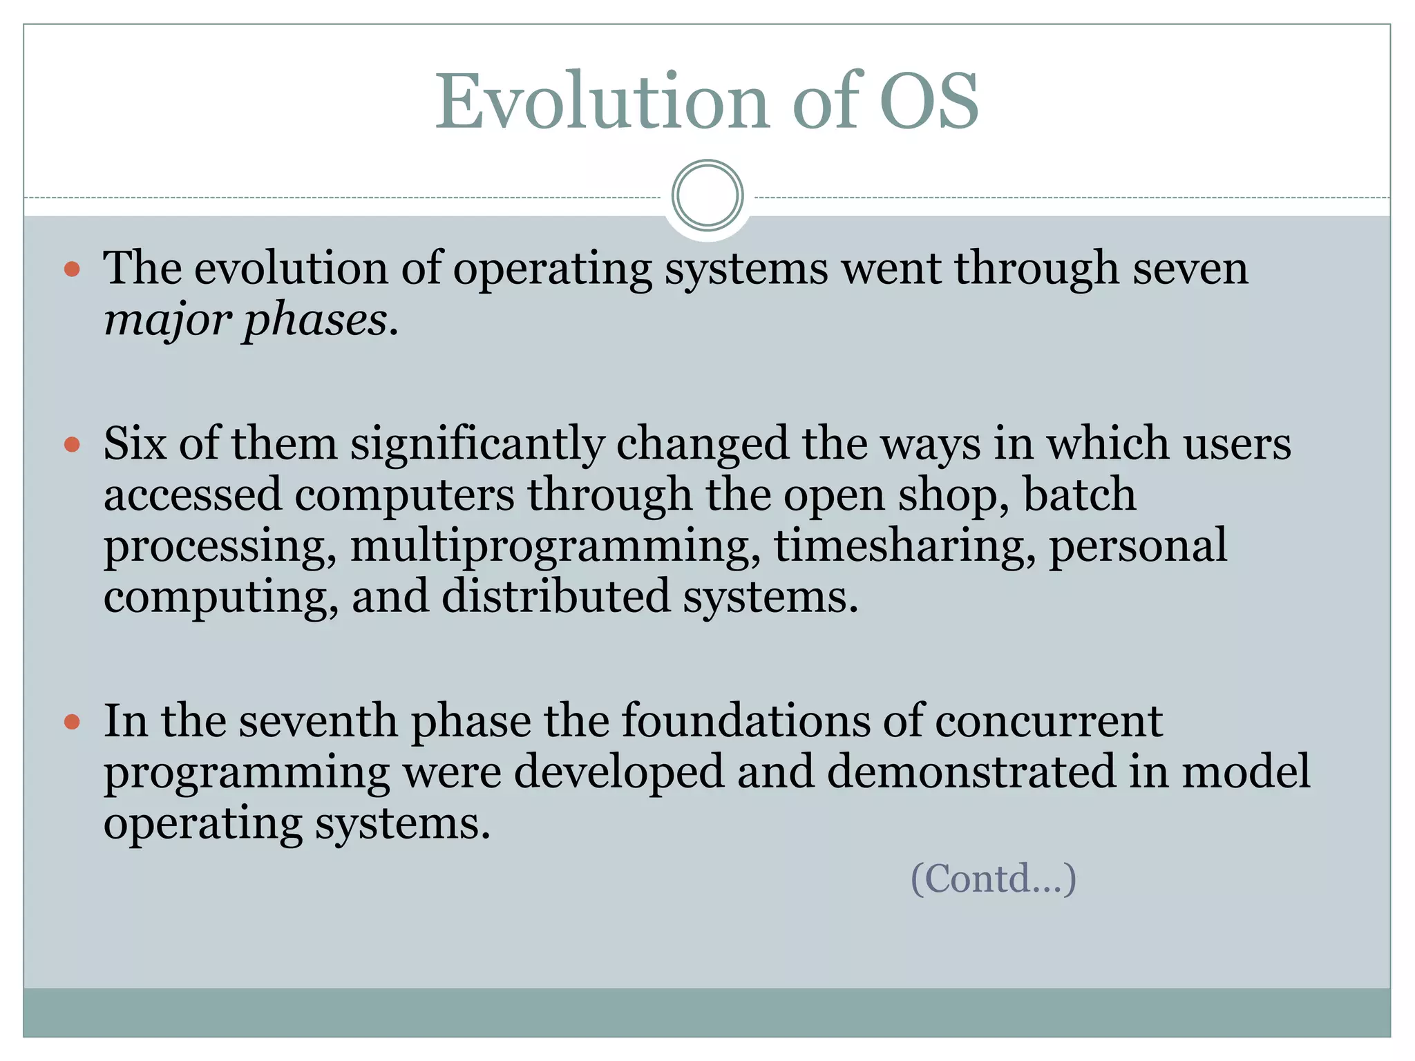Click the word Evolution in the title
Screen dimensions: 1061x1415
point(601,102)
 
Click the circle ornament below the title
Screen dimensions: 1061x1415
point(707,195)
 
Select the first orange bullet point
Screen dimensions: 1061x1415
point(72,269)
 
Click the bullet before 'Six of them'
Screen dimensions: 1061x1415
point(72,444)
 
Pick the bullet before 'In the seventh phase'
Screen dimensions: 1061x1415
point(72,723)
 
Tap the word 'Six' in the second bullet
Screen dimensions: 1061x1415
point(135,444)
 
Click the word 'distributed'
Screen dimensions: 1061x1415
point(555,597)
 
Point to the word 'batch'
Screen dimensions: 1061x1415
point(1079,495)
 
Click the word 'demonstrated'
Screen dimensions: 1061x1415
point(971,772)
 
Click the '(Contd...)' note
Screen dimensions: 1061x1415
point(994,879)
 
